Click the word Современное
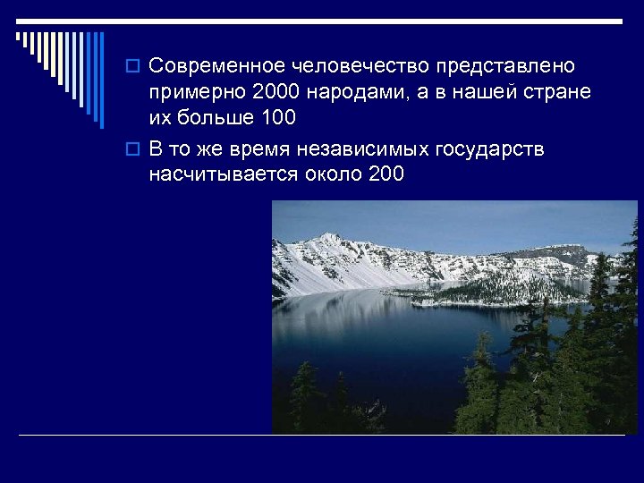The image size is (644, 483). [216, 67]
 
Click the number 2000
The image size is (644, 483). [277, 93]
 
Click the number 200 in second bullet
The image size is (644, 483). [386, 174]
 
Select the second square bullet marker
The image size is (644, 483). [135, 149]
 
